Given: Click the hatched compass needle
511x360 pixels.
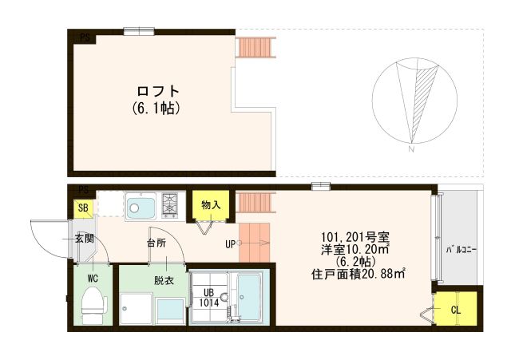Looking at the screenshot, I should (x=422, y=99).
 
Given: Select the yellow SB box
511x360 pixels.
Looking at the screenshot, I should (x=83, y=208).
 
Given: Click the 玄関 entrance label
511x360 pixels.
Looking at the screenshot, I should (x=84, y=238).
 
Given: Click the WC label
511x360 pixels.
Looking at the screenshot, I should (x=93, y=279).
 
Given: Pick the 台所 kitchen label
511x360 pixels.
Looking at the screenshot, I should (x=156, y=241).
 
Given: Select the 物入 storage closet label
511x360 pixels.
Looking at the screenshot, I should (x=211, y=205).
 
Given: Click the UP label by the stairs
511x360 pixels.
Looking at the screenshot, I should (x=230, y=243).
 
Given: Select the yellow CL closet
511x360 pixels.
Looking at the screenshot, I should (x=456, y=309).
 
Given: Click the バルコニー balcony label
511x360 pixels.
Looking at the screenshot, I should (x=461, y=250).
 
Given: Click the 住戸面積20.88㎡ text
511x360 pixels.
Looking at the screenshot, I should (x=357, y=275).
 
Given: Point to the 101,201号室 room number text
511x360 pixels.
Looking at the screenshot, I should (x=355, y=237).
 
